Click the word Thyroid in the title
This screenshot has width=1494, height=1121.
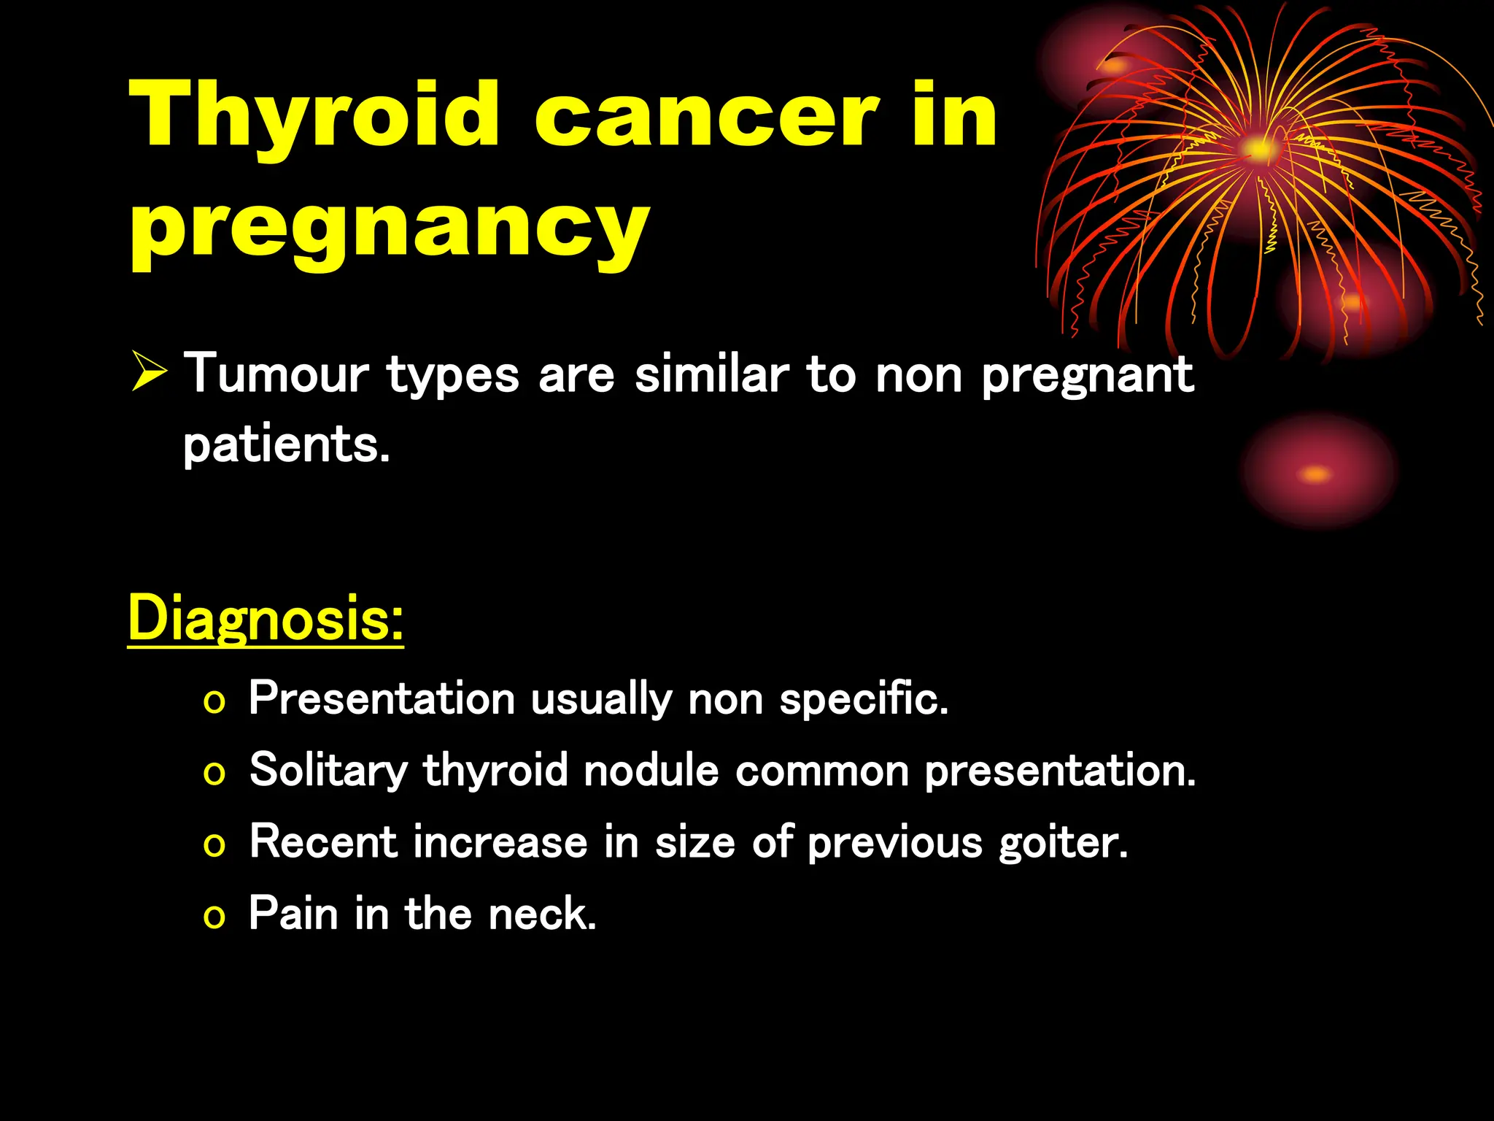[314, 117]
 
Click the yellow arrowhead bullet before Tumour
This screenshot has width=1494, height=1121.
[150, 372]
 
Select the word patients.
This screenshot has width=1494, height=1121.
[286, 445]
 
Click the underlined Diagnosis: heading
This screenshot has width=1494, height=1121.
[266, 619]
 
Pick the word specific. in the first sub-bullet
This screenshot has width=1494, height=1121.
[864, 699]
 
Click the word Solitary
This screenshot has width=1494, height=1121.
[328, 771]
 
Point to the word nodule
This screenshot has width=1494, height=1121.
[651, 771]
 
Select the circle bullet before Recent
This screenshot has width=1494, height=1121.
[214, 846]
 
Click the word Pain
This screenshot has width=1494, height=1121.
[293, 913]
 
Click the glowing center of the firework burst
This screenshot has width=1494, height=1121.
[1258, 150]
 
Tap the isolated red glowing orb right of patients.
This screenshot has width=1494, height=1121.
[1317, 473]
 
